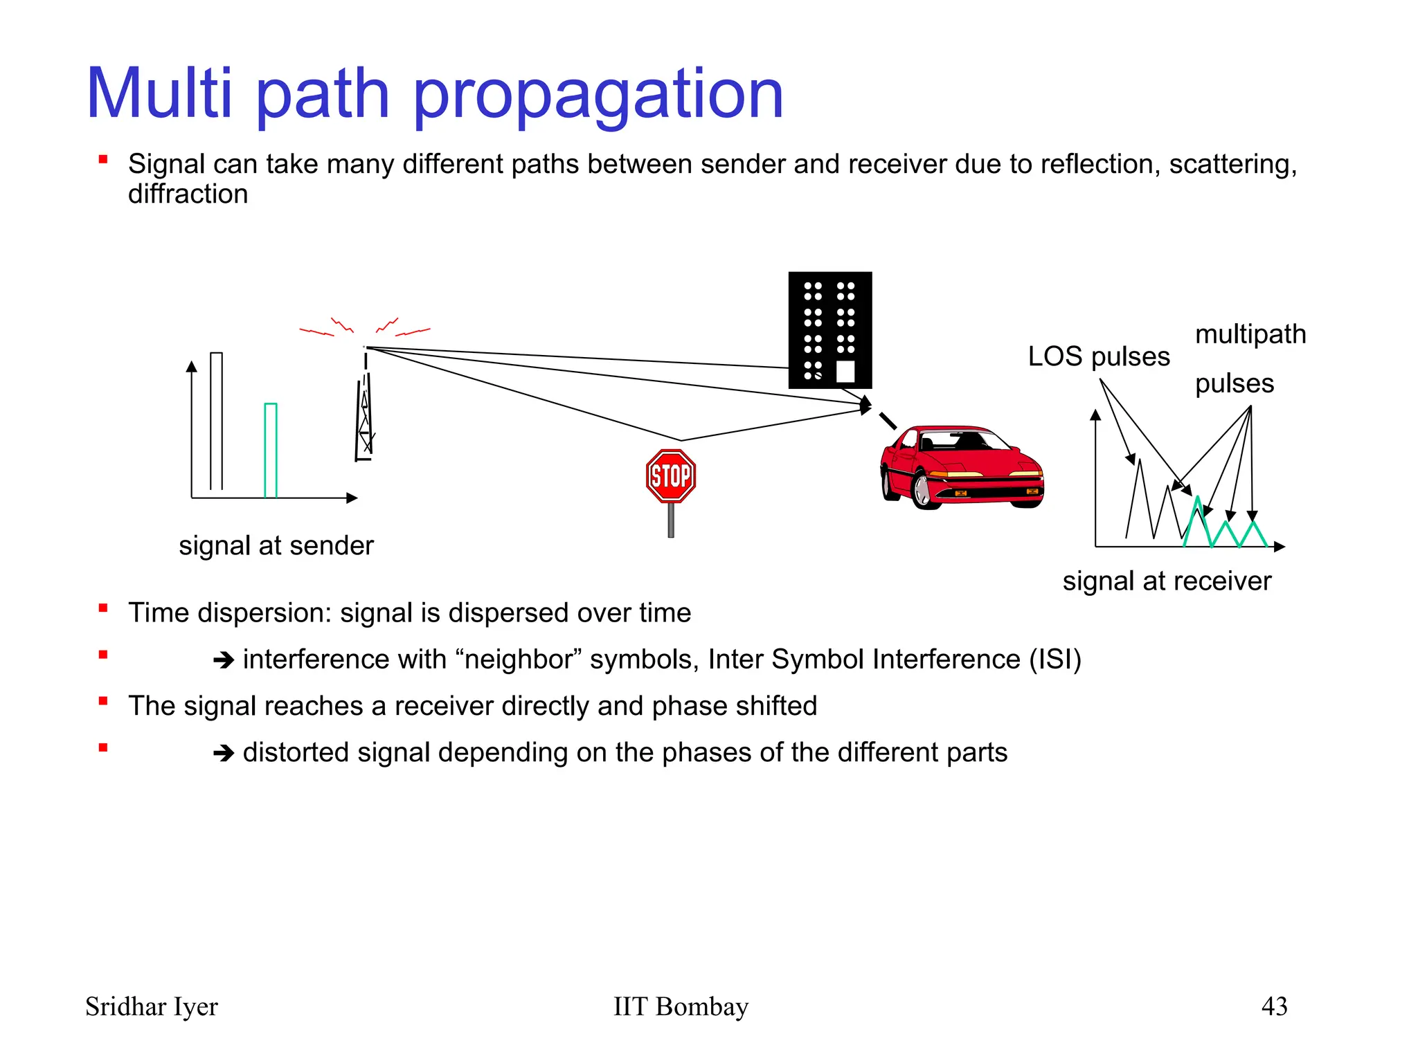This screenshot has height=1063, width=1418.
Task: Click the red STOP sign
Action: [x=670, y=476]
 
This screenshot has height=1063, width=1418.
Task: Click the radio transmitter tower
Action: [x=364, y=415]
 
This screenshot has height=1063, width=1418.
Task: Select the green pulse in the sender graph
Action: [x=271, y=450]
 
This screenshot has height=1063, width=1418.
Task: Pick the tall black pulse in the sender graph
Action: [x=216, y=421]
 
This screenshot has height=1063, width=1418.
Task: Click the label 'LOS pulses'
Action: [x=1098, y=356]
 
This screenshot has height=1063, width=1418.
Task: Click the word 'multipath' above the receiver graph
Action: [x=1250, y=334]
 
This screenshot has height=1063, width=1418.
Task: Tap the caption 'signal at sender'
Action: [x=276, y=545]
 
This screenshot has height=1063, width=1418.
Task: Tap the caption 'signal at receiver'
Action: [x=1167, y=581]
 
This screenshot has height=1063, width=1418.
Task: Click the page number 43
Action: [x=1274, y=1006]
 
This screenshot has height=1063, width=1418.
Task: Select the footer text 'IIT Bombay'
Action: [x=681, y=1006]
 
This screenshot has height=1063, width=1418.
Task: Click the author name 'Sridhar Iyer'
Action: [x=151, y=1006]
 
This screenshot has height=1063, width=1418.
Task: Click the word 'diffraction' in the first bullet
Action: [x=188, y=194]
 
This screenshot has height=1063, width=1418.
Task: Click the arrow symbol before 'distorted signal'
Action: [x=224, y=753]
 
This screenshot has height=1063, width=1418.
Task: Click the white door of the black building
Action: [x=845, y=372]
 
